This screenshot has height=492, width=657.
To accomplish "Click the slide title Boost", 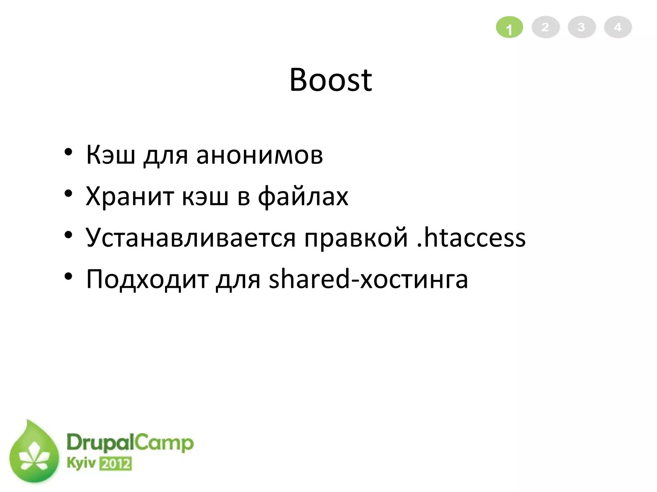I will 330,80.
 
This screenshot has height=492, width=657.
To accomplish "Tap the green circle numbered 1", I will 509,28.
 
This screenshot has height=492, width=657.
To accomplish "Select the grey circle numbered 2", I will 545,27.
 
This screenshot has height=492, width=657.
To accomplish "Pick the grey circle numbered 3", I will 582,27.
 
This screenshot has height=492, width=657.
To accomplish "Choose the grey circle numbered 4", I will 618,27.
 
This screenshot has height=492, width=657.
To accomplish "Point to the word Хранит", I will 130,196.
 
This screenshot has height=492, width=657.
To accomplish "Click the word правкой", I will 356,238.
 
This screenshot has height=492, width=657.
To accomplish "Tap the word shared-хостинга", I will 368,279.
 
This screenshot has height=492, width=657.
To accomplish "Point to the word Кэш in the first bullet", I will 110,155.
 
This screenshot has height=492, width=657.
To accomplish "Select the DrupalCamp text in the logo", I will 130,444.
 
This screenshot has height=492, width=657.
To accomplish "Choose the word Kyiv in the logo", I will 81,463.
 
